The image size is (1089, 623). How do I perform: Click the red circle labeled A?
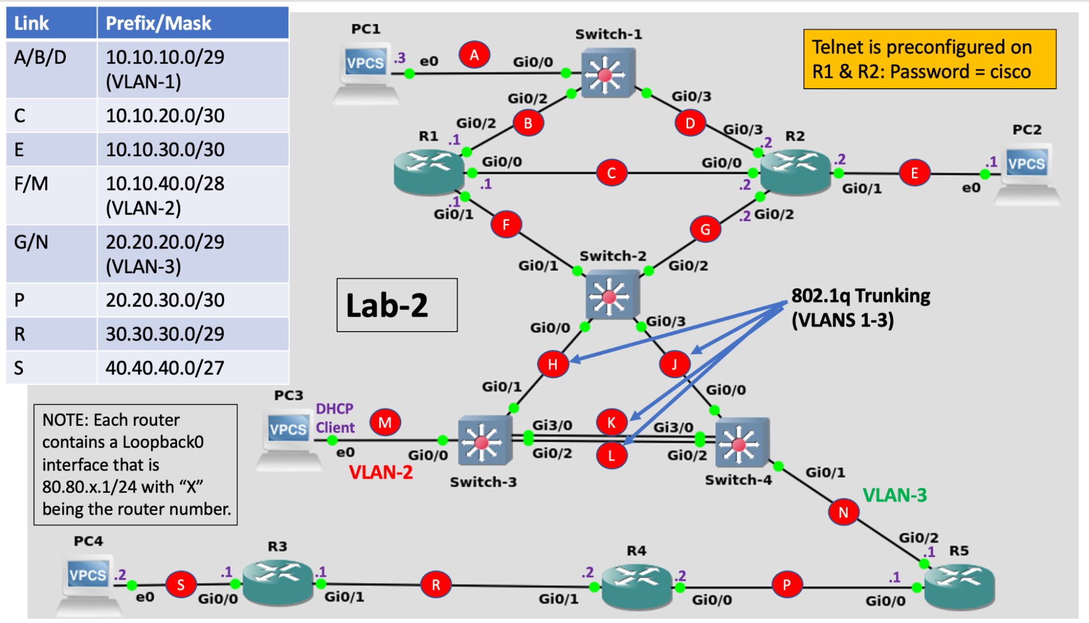[474, 54]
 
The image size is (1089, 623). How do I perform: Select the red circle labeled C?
[611, 173]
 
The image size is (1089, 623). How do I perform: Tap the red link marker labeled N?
[843, 512]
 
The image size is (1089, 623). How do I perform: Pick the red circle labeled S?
[180, 585]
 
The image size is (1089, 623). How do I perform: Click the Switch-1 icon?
[607, 74]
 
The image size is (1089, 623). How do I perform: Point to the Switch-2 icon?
[611, 295]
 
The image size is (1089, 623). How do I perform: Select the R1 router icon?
[429, 172]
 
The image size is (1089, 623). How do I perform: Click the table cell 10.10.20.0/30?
[165, 115]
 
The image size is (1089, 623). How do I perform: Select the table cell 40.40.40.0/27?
[165, 368]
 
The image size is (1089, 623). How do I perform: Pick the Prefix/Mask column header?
[159, 23]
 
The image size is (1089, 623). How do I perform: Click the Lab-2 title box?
[397, 305]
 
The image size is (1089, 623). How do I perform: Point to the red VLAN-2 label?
[380, 472]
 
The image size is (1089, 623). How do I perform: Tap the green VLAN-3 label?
[895, 495]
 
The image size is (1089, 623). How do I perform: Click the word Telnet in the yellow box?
[837, 47]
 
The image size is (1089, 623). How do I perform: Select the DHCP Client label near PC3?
[334, 418]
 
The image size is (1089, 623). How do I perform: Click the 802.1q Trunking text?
[860, 296]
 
